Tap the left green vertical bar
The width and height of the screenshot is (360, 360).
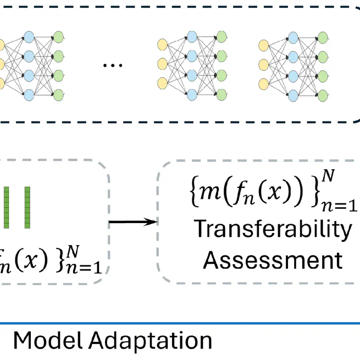coord(7,207)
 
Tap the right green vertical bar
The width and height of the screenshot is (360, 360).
coord(26,207)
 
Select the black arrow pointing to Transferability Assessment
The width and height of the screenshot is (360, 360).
coord(132,222)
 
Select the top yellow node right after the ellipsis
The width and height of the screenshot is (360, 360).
coord(163,46)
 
